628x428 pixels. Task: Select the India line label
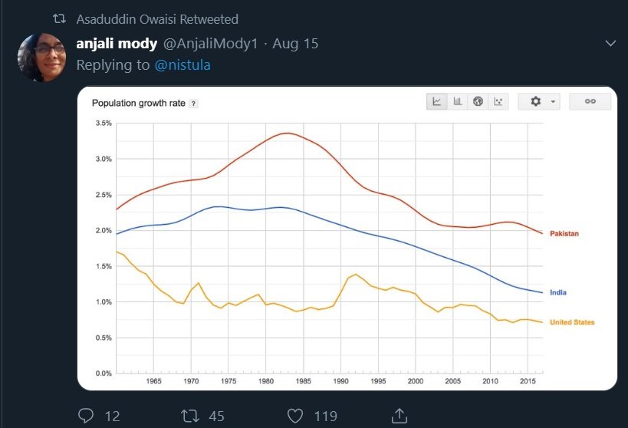pos(557,293)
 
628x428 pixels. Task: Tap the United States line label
pos(572,323)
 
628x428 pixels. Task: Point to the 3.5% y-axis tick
pos(103,123)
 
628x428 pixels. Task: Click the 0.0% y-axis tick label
pos(103,374)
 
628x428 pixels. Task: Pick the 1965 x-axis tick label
pos(153,381)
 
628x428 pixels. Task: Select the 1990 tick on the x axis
pos(340,381)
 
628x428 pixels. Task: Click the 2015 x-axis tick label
pos(528,381)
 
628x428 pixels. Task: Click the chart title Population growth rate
pos(138,104)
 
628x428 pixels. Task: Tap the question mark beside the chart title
pos(193,104)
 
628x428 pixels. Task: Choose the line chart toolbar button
pos(437,101)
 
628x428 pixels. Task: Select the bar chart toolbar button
pos(458,101)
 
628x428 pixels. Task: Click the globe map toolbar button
pos(478,101)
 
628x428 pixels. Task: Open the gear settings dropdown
pos(541,101)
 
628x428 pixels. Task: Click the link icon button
pos(590,101)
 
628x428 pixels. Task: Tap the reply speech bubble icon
pos(87,416)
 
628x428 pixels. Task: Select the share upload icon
pos(399,416)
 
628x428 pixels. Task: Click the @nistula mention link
pos(182,65)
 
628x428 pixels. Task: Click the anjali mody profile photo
pos(41,58)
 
